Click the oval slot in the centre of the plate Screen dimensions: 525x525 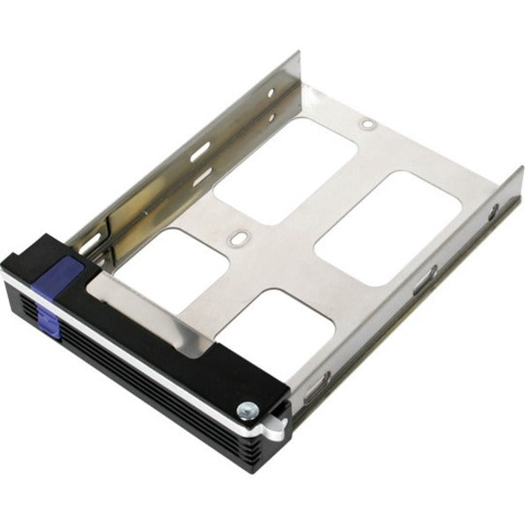(x=236, y=238)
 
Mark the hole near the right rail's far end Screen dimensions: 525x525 (x=494, y=211)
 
